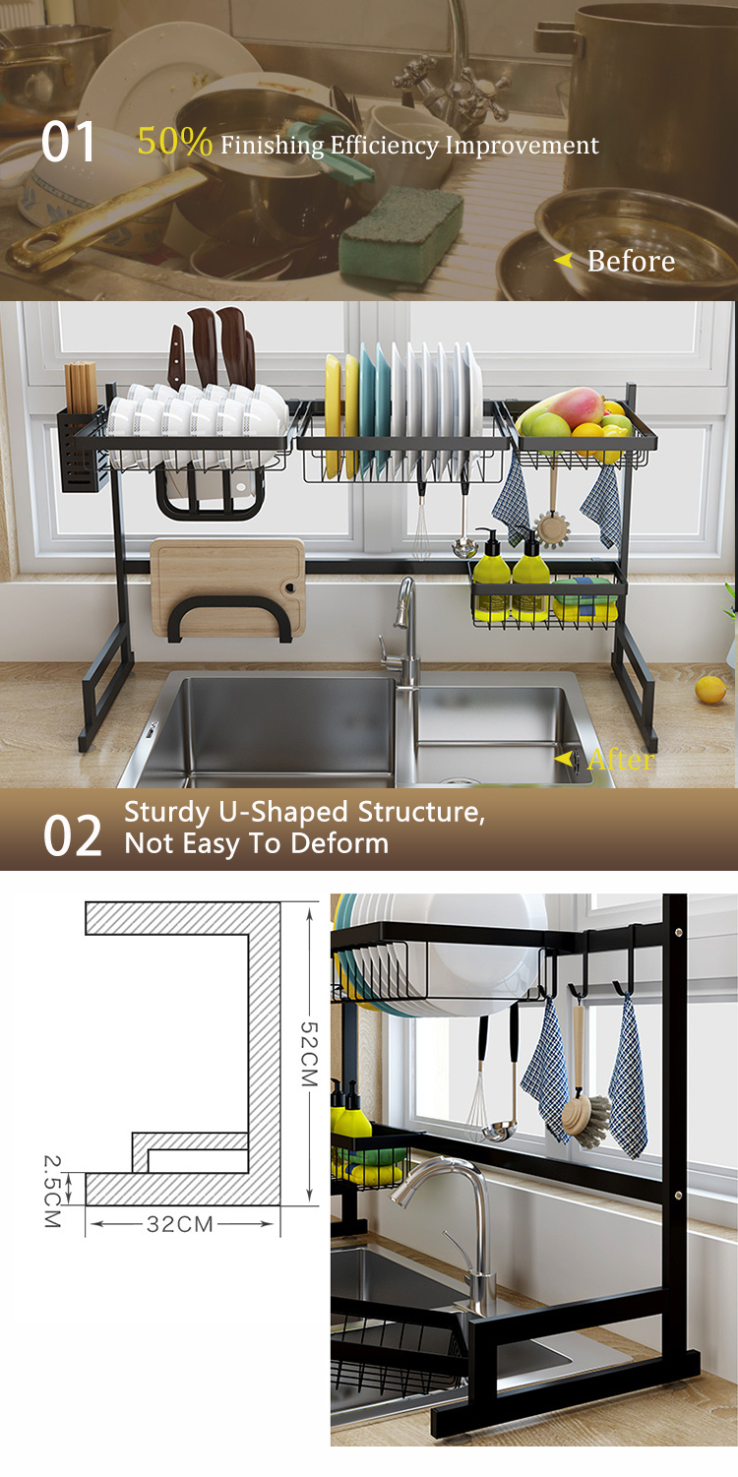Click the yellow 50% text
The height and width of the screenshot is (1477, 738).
point(175,141)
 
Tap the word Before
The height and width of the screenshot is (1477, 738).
point(631,261)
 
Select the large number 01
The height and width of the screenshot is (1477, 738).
point(68,142)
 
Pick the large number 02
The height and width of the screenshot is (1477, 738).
point(73,836)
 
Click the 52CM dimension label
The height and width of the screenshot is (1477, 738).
point(309,1054)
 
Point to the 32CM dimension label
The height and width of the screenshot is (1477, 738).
point(180,1224)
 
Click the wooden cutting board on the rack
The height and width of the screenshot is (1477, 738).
point(227,588)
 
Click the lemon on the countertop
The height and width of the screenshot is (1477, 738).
point(710,689)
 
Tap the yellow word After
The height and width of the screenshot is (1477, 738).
point(621,760)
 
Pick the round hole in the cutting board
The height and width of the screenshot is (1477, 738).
point(288,587)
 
